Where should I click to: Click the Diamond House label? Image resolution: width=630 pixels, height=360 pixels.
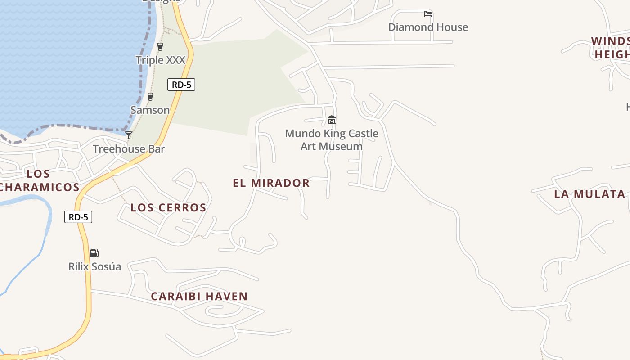(428, 27)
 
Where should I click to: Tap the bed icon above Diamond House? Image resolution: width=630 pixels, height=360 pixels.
(428, 14)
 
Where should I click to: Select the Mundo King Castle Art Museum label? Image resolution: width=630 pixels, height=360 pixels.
(332, 139)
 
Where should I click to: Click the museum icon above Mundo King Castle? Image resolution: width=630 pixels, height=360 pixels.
(332, 120)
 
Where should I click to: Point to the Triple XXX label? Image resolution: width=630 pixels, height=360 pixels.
(160, 60)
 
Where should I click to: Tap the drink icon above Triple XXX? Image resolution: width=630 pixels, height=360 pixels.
(160, 46)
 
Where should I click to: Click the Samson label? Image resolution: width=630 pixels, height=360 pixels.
(150, 110)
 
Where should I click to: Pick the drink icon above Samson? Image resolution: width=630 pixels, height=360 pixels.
(150, 96)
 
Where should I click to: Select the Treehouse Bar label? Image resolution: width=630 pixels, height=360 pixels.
(129, 149)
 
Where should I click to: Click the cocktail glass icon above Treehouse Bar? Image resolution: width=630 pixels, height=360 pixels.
(129, 135)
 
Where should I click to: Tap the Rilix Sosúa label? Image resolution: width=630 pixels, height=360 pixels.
(94, 266)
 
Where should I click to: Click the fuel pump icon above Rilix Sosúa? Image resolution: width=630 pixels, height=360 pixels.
(94, 253)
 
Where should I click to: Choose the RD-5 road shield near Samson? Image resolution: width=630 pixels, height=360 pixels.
(181, 85)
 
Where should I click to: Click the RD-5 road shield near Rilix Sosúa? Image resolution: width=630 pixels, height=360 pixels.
(78, 217)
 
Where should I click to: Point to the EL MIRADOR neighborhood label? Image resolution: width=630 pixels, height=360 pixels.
(271, 183)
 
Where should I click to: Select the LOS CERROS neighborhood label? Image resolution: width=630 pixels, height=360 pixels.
(168, 207)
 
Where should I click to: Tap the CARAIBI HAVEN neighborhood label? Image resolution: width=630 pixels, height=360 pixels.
(199, 296)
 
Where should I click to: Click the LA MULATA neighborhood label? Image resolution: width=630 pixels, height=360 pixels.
(589, 194)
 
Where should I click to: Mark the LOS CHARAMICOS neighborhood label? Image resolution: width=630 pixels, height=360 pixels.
(39, 180)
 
